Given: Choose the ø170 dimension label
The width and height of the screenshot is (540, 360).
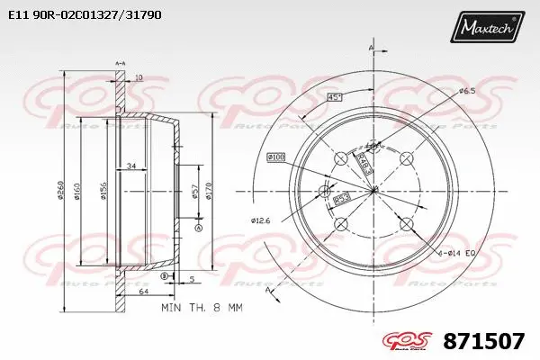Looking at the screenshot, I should click(209, 191).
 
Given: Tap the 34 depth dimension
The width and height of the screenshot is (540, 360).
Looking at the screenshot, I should click(131, 165).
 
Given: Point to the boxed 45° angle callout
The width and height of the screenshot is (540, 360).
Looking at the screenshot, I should click(334, 97).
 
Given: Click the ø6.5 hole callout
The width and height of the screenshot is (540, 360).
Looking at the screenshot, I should click(467, 92).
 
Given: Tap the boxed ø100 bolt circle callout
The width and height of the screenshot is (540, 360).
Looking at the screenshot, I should click(275, 157).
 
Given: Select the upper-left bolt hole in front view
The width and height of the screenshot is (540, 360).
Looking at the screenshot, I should click(340, 158).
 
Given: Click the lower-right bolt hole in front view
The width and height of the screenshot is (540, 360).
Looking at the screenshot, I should click(406, 224).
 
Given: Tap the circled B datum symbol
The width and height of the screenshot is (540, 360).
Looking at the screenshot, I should click(165, 277).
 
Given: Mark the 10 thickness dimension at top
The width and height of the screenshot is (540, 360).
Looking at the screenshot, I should click(138, 78).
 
